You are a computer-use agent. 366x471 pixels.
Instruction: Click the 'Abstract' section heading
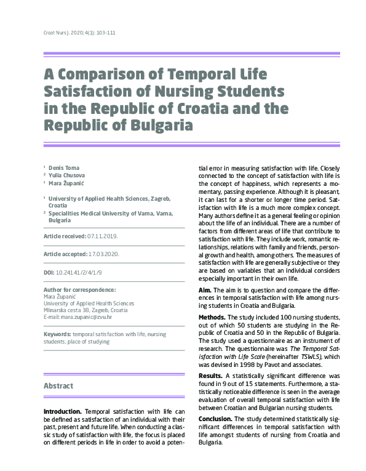tap(58, 386)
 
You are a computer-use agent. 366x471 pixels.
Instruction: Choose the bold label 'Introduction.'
tap(63, 411)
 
